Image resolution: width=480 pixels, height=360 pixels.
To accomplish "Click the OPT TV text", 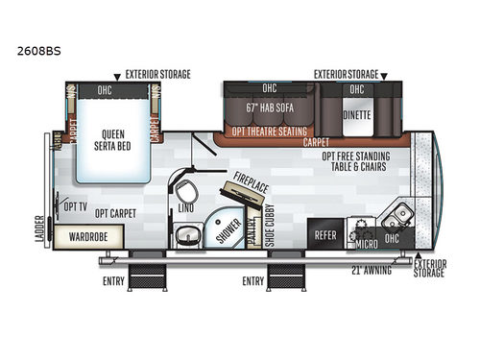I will coord(75,205).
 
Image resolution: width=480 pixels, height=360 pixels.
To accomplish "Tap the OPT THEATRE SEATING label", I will coord(270,131).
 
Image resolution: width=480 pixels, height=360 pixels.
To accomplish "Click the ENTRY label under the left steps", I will coord(115,281).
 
